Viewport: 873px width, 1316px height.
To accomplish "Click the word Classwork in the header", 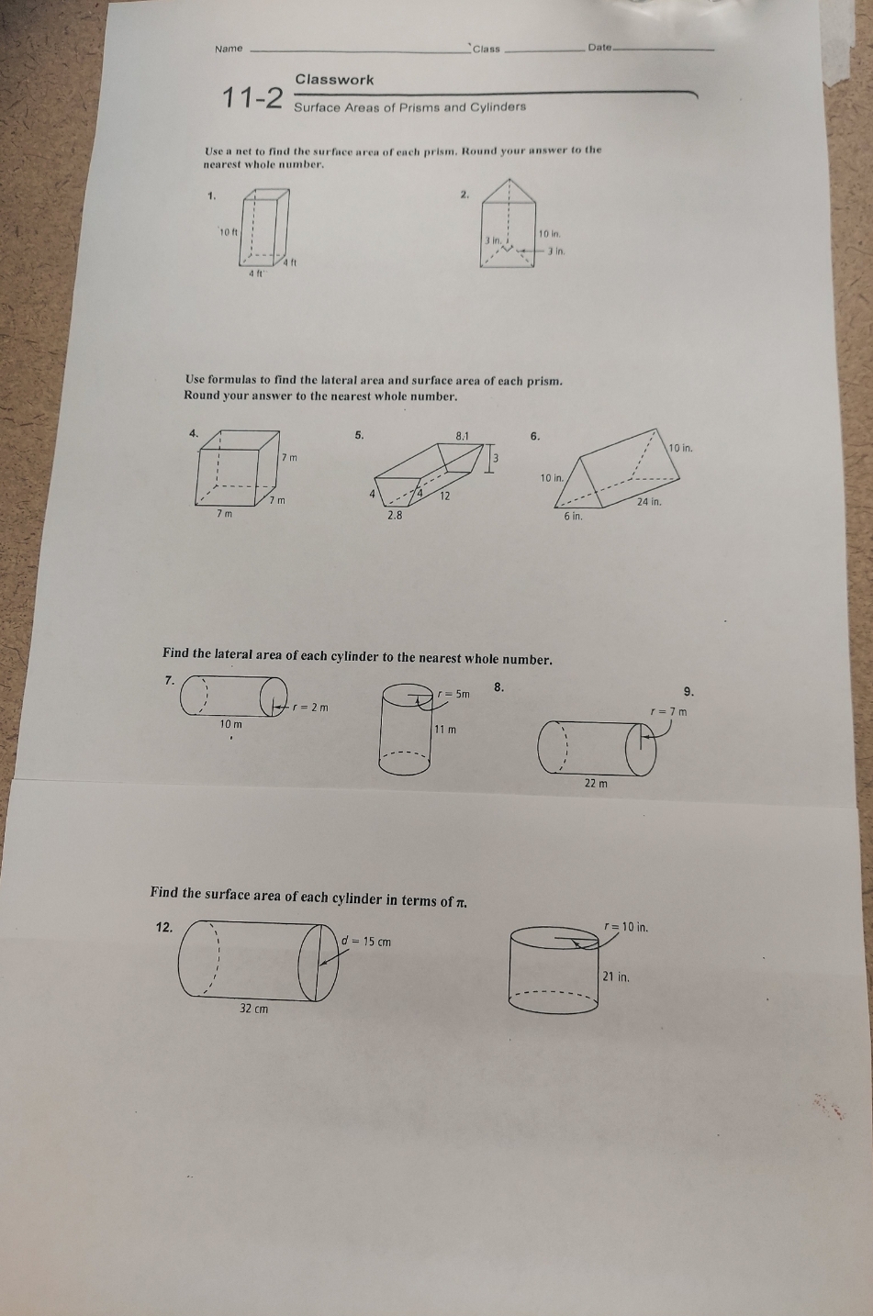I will coord(334,80).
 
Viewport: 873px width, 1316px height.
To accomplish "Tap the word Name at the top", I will coord(229,49).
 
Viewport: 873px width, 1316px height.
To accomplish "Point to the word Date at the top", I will coord(599,48).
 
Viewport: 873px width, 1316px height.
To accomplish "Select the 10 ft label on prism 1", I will coord(228,231).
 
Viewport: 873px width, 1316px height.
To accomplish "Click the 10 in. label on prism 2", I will coord(550,235).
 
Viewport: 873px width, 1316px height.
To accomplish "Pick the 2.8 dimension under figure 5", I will coord(395,516).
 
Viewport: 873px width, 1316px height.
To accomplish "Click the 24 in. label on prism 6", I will coord(649,502).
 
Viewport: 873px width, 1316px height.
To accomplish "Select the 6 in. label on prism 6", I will coord(572,517).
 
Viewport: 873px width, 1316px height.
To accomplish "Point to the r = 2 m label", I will coord(310,708).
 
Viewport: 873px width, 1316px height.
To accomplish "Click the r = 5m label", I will coord(453,694).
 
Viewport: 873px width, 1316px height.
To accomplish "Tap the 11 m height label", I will coord(445,730).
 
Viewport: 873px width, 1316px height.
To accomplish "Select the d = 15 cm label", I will coord(366,942).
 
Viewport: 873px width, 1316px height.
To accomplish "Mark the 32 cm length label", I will coord(254,1009).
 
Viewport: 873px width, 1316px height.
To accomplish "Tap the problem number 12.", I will coord(164,927).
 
